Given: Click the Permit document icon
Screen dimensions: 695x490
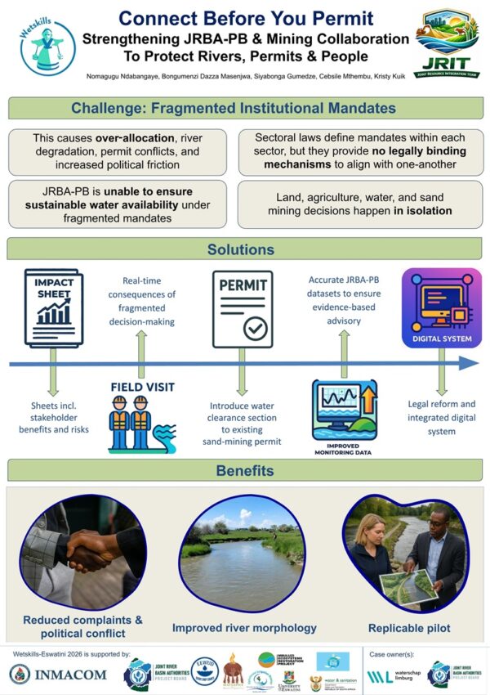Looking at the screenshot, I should click(243, 309).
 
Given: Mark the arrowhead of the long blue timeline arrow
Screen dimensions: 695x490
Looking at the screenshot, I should click(469, 363).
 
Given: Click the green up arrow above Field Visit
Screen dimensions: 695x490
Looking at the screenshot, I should click(144, 341).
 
